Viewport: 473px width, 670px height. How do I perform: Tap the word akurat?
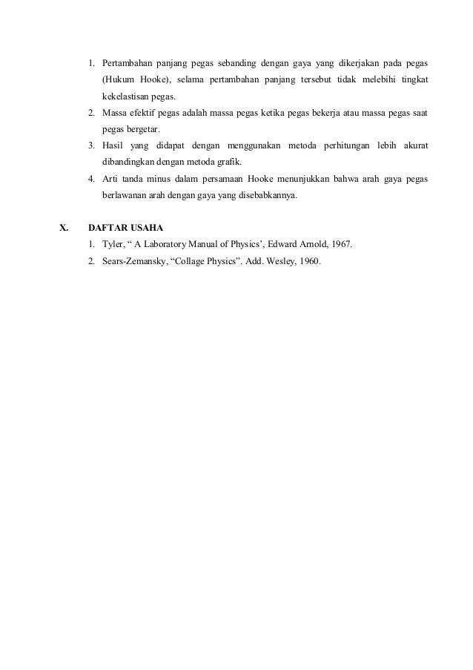click(x=414, y=145)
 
